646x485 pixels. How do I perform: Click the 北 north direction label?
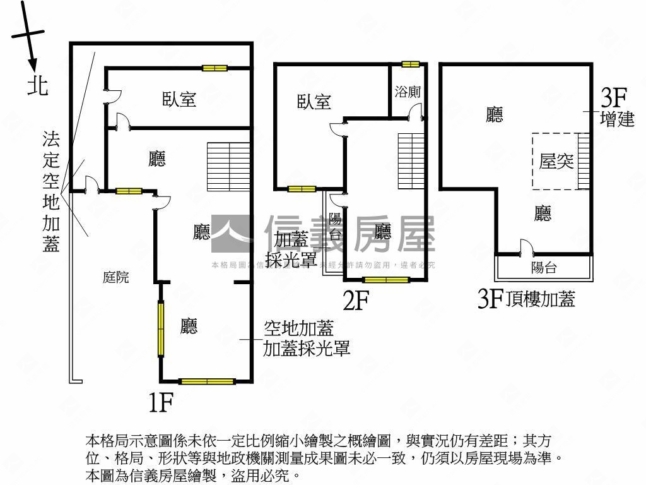[x=38, y=85]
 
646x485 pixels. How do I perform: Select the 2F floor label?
[x=355, y=301]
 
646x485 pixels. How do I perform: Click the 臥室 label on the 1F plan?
[x=179, y=99]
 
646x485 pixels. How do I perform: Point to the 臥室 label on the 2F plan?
[x=314, y=102]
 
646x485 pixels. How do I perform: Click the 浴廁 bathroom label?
[x=408, y=92]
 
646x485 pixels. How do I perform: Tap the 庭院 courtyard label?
[x=116, y=277]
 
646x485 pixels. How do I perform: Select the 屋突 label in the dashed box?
[x=556, y=161]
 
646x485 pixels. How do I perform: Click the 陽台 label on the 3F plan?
[x=544, y=267]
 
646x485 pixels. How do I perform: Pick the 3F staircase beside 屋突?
[x=584, y=161]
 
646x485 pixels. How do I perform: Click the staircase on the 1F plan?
[x=228, y=167]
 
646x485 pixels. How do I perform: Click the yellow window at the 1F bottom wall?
[x=207, y=381]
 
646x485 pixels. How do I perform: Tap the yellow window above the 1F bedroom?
[x=214, y=68]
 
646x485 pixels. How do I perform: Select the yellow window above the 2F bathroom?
[x=411, y=64]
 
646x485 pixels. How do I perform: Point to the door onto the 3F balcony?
[x=526, y=248]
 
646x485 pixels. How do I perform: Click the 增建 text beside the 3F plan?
[x=617, y=119]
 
